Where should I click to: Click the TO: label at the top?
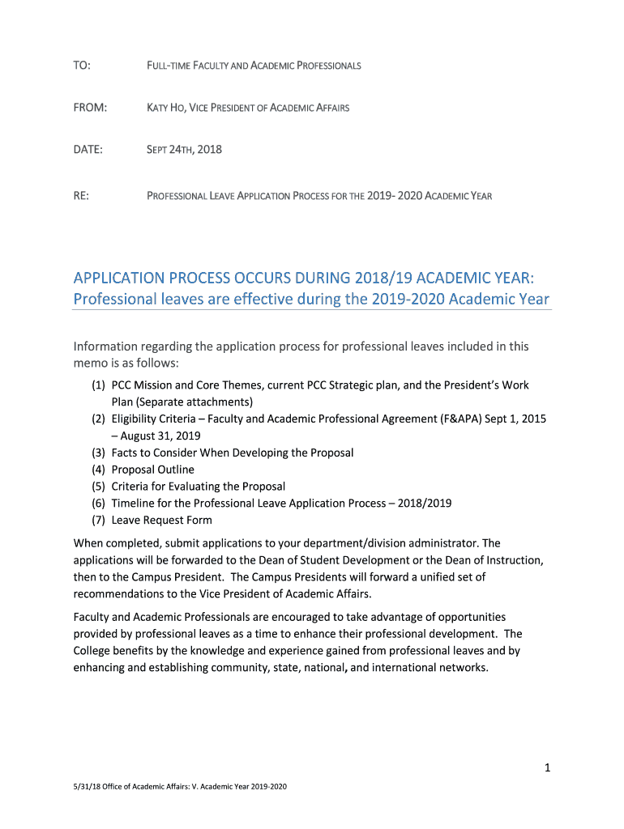tap(81, 65)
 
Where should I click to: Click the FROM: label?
tap(90, 107)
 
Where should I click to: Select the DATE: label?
tap(88, 149)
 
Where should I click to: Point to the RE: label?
tap(81, 195)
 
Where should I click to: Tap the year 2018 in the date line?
tap(209, 149)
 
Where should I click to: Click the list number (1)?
tap(99, 385)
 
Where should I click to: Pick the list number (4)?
tap(99, 470)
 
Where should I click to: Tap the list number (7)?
tap(99, 521)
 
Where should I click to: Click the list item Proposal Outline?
tap(153, 470)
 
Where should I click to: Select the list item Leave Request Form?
tap(162, 521)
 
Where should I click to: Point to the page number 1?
tap(548, 767)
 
